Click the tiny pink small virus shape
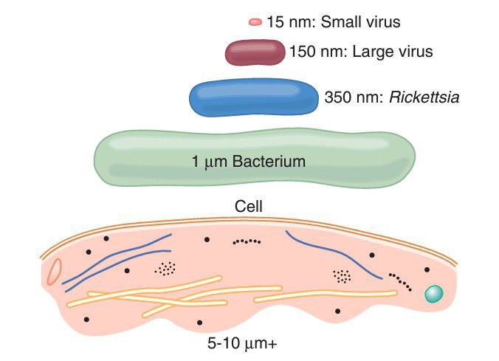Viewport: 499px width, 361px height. (x=255, y=22)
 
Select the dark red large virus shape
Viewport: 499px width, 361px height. (x=255, y=52)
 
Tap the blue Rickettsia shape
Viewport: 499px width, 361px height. (x=252, y=99)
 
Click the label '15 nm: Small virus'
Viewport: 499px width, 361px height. (x=334, y=22)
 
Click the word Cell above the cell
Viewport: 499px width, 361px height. (x=250, y=207)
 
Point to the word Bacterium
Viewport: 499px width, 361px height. (x=269, y=160)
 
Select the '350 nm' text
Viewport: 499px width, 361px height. (x=350, y=97)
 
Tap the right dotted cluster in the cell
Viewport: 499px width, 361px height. (x=342, y=275)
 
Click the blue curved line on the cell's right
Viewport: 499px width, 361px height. (x=332, y=255)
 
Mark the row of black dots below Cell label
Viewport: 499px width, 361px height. (x=247, y=241)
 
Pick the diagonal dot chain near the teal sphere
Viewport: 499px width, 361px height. (x=402, y=282)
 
